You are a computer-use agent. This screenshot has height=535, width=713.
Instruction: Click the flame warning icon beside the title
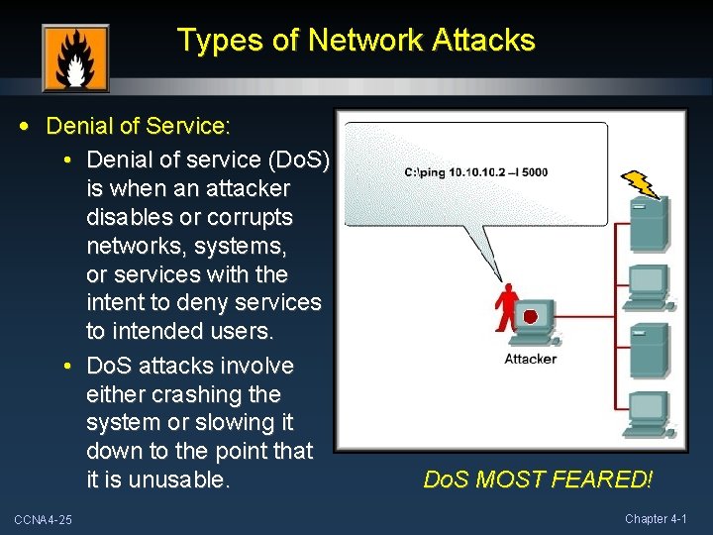pyautogui.click(x=75, y=58)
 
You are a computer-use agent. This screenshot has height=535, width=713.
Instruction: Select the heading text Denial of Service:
pyautogui.click(x=139, y=127)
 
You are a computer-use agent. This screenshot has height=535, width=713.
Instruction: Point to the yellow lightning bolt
pyautogui.click(x=641, y=184)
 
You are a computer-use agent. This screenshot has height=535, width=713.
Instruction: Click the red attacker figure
pyautogui.click(x=507, y=307)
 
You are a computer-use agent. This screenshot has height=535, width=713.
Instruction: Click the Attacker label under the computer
pyautogui.click(x=531, y=359)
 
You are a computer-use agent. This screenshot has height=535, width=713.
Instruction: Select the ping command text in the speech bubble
pyautogui.click(x=476, y=172)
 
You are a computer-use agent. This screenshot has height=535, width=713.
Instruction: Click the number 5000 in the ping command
pyautogui.click(x=533, y=172)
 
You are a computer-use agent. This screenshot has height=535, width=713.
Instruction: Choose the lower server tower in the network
pyautogui.click(x=650, y=348)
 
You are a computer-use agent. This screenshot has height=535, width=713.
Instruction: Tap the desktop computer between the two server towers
pyautogui.click(x=649, y=285)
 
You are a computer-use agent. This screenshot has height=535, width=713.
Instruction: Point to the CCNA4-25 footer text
pyautogui.click(x=43, y=519)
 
